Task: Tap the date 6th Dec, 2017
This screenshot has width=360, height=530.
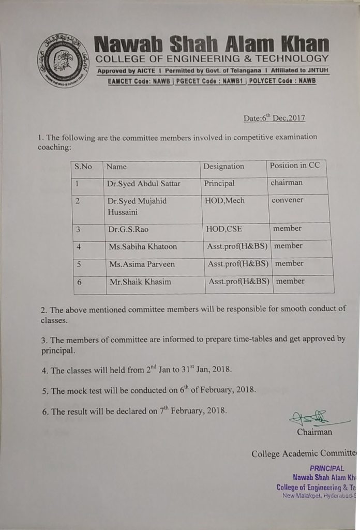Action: [x=274, y=118]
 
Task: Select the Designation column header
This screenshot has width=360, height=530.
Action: [x=223, y=166]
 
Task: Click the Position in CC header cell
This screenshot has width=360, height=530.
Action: [x=295, y=166]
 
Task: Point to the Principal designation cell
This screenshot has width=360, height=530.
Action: [x=219, y=183]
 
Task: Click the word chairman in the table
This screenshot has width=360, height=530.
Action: [x=287, y=183]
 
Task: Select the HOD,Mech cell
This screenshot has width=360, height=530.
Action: [x=224, y=201]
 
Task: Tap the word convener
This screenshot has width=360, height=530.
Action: [x=287, y=200]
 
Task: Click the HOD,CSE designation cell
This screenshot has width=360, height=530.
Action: [x=223, y=229]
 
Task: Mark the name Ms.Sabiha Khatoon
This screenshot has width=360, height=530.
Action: [x=143, y=247]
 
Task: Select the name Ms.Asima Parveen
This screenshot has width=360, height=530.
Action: [x=142, y=264]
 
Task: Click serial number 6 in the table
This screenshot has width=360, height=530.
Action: [x=79, y=282]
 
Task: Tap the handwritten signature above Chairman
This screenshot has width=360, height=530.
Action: [x=309, y=417]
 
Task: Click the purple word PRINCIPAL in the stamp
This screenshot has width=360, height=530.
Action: [x=327, y=468]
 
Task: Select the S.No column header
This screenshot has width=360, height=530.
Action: [x=83, y=167]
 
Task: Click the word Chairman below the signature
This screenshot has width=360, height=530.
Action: [x=314, y=432]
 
